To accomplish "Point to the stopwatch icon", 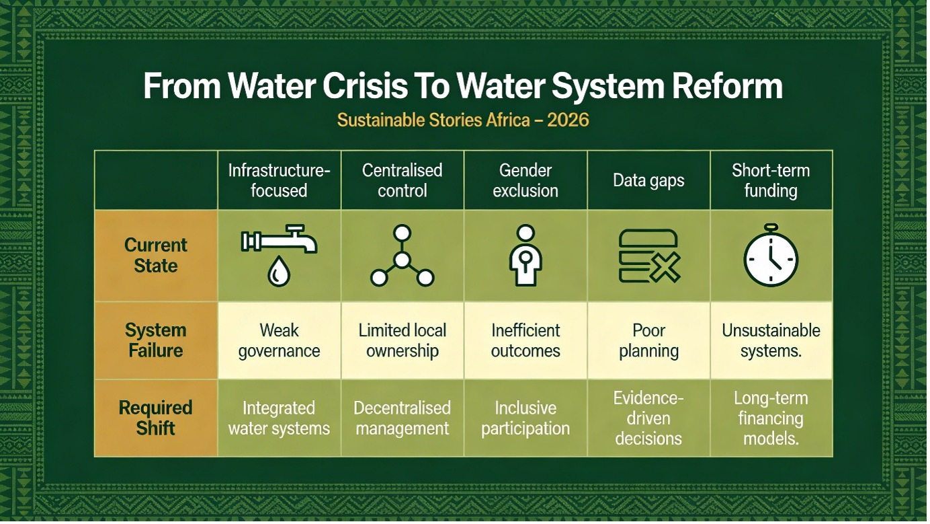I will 771,256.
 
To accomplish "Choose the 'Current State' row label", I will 156,256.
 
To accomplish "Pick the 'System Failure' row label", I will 156,340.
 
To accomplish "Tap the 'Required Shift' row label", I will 156,418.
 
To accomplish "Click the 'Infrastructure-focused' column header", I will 279,180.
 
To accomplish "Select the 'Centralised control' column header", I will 402,180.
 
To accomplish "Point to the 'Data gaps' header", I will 648,180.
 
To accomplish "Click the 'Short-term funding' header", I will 771,180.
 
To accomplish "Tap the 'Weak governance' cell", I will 279,340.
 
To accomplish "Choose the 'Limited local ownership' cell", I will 402,340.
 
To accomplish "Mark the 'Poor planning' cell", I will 648,340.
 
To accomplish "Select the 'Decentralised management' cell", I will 402,418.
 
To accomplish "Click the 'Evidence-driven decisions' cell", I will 648,418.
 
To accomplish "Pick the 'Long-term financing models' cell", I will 771,418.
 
